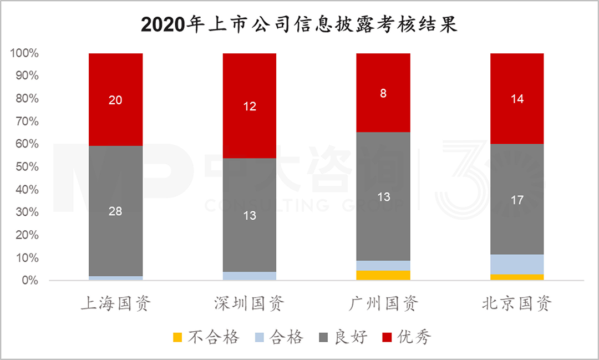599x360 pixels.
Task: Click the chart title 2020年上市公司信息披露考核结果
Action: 299,24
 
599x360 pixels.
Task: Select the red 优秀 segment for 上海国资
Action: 116,99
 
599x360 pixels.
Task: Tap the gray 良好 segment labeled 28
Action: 116,211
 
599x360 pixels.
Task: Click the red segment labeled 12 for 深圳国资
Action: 250,105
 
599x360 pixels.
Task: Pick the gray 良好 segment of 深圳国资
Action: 250,215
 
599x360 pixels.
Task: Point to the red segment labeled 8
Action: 383,93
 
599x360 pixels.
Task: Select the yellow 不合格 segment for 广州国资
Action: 383,276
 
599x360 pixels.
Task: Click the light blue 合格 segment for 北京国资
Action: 517,265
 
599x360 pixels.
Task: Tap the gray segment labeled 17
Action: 517,200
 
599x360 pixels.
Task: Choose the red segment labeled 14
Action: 517,99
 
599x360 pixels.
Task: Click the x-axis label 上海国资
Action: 116,304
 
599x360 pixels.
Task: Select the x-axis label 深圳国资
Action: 250,304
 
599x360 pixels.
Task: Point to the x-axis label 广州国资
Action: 383,304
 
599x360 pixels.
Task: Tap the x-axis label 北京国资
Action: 517,304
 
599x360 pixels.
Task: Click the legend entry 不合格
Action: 206,337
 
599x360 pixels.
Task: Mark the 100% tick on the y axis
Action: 23,54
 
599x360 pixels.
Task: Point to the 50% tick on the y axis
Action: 26,167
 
